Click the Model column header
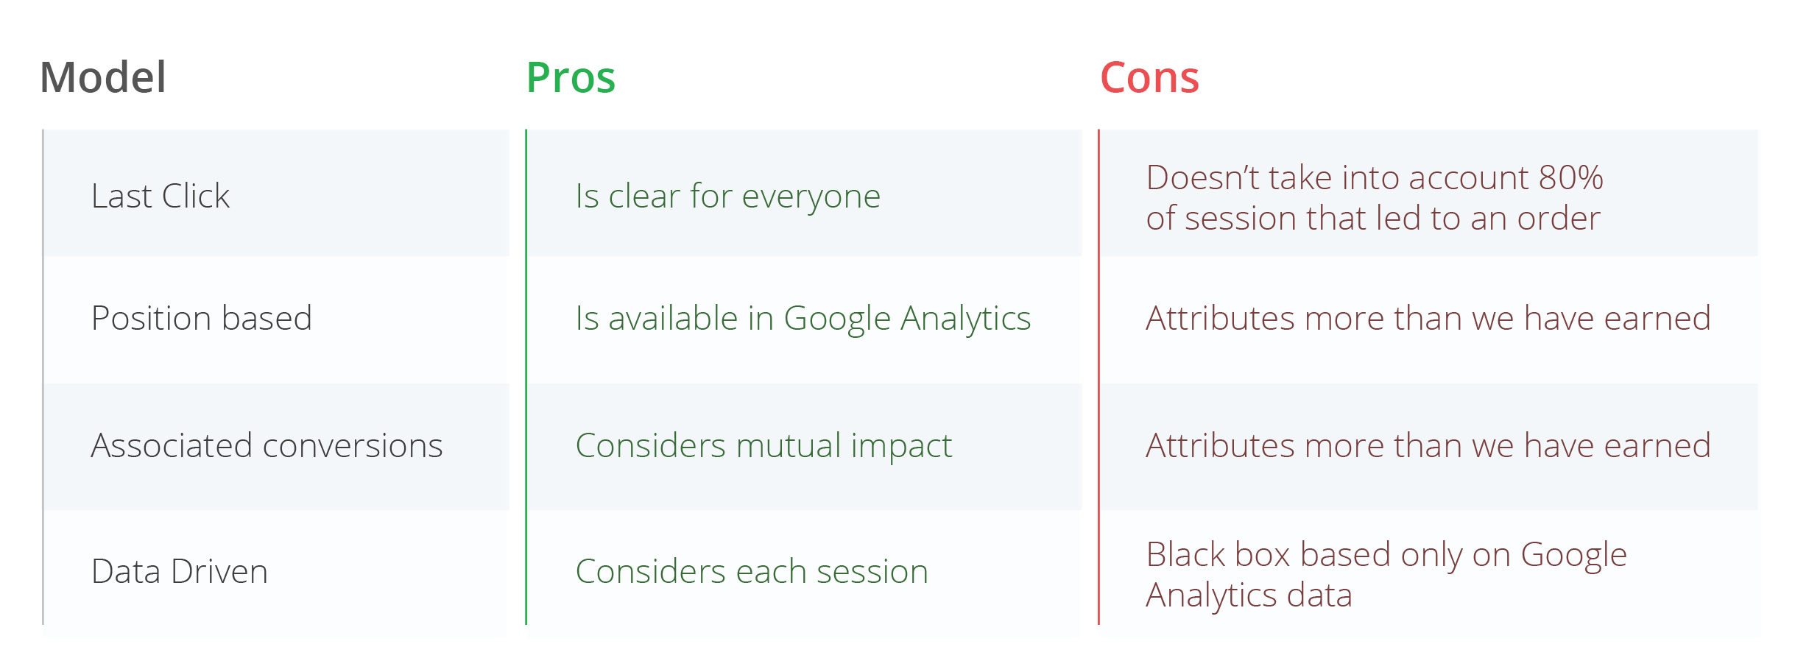[x=103, y=77]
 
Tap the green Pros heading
[x=571, y=77]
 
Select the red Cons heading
[x=1149, y=77]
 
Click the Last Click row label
[x=161, y=196]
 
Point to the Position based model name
[x=202, y=318]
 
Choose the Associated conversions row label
[x=267, y=445]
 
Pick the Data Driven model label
[x=180, y=571]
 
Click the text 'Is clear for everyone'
[x=728, y=197]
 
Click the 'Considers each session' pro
[x=752, y=571]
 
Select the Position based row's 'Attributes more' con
[x=1428, y=318]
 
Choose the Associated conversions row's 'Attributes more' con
[x=1428, y=445]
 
